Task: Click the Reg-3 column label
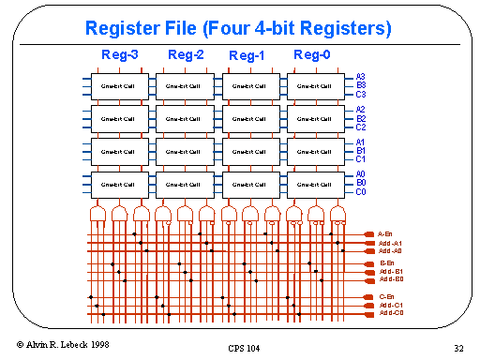point(120,55)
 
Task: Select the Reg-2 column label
point(186,55)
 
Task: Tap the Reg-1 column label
point(247,56)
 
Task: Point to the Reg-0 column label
point(312,55)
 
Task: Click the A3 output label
point(361,77)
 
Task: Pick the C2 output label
point(361,127)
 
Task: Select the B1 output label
point(361,150)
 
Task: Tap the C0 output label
point(361,191)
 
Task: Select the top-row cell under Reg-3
point(118,85)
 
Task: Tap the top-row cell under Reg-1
point(248,85)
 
